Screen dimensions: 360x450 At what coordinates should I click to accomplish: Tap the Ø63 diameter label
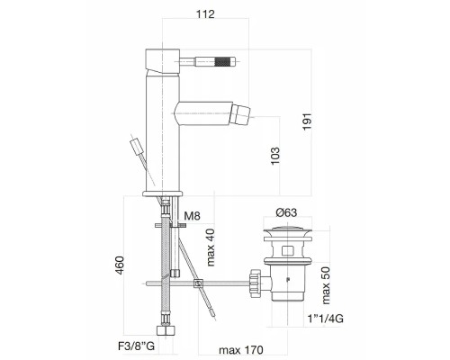pos(287,211)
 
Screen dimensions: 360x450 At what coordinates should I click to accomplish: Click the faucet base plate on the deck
pos(163,192)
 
